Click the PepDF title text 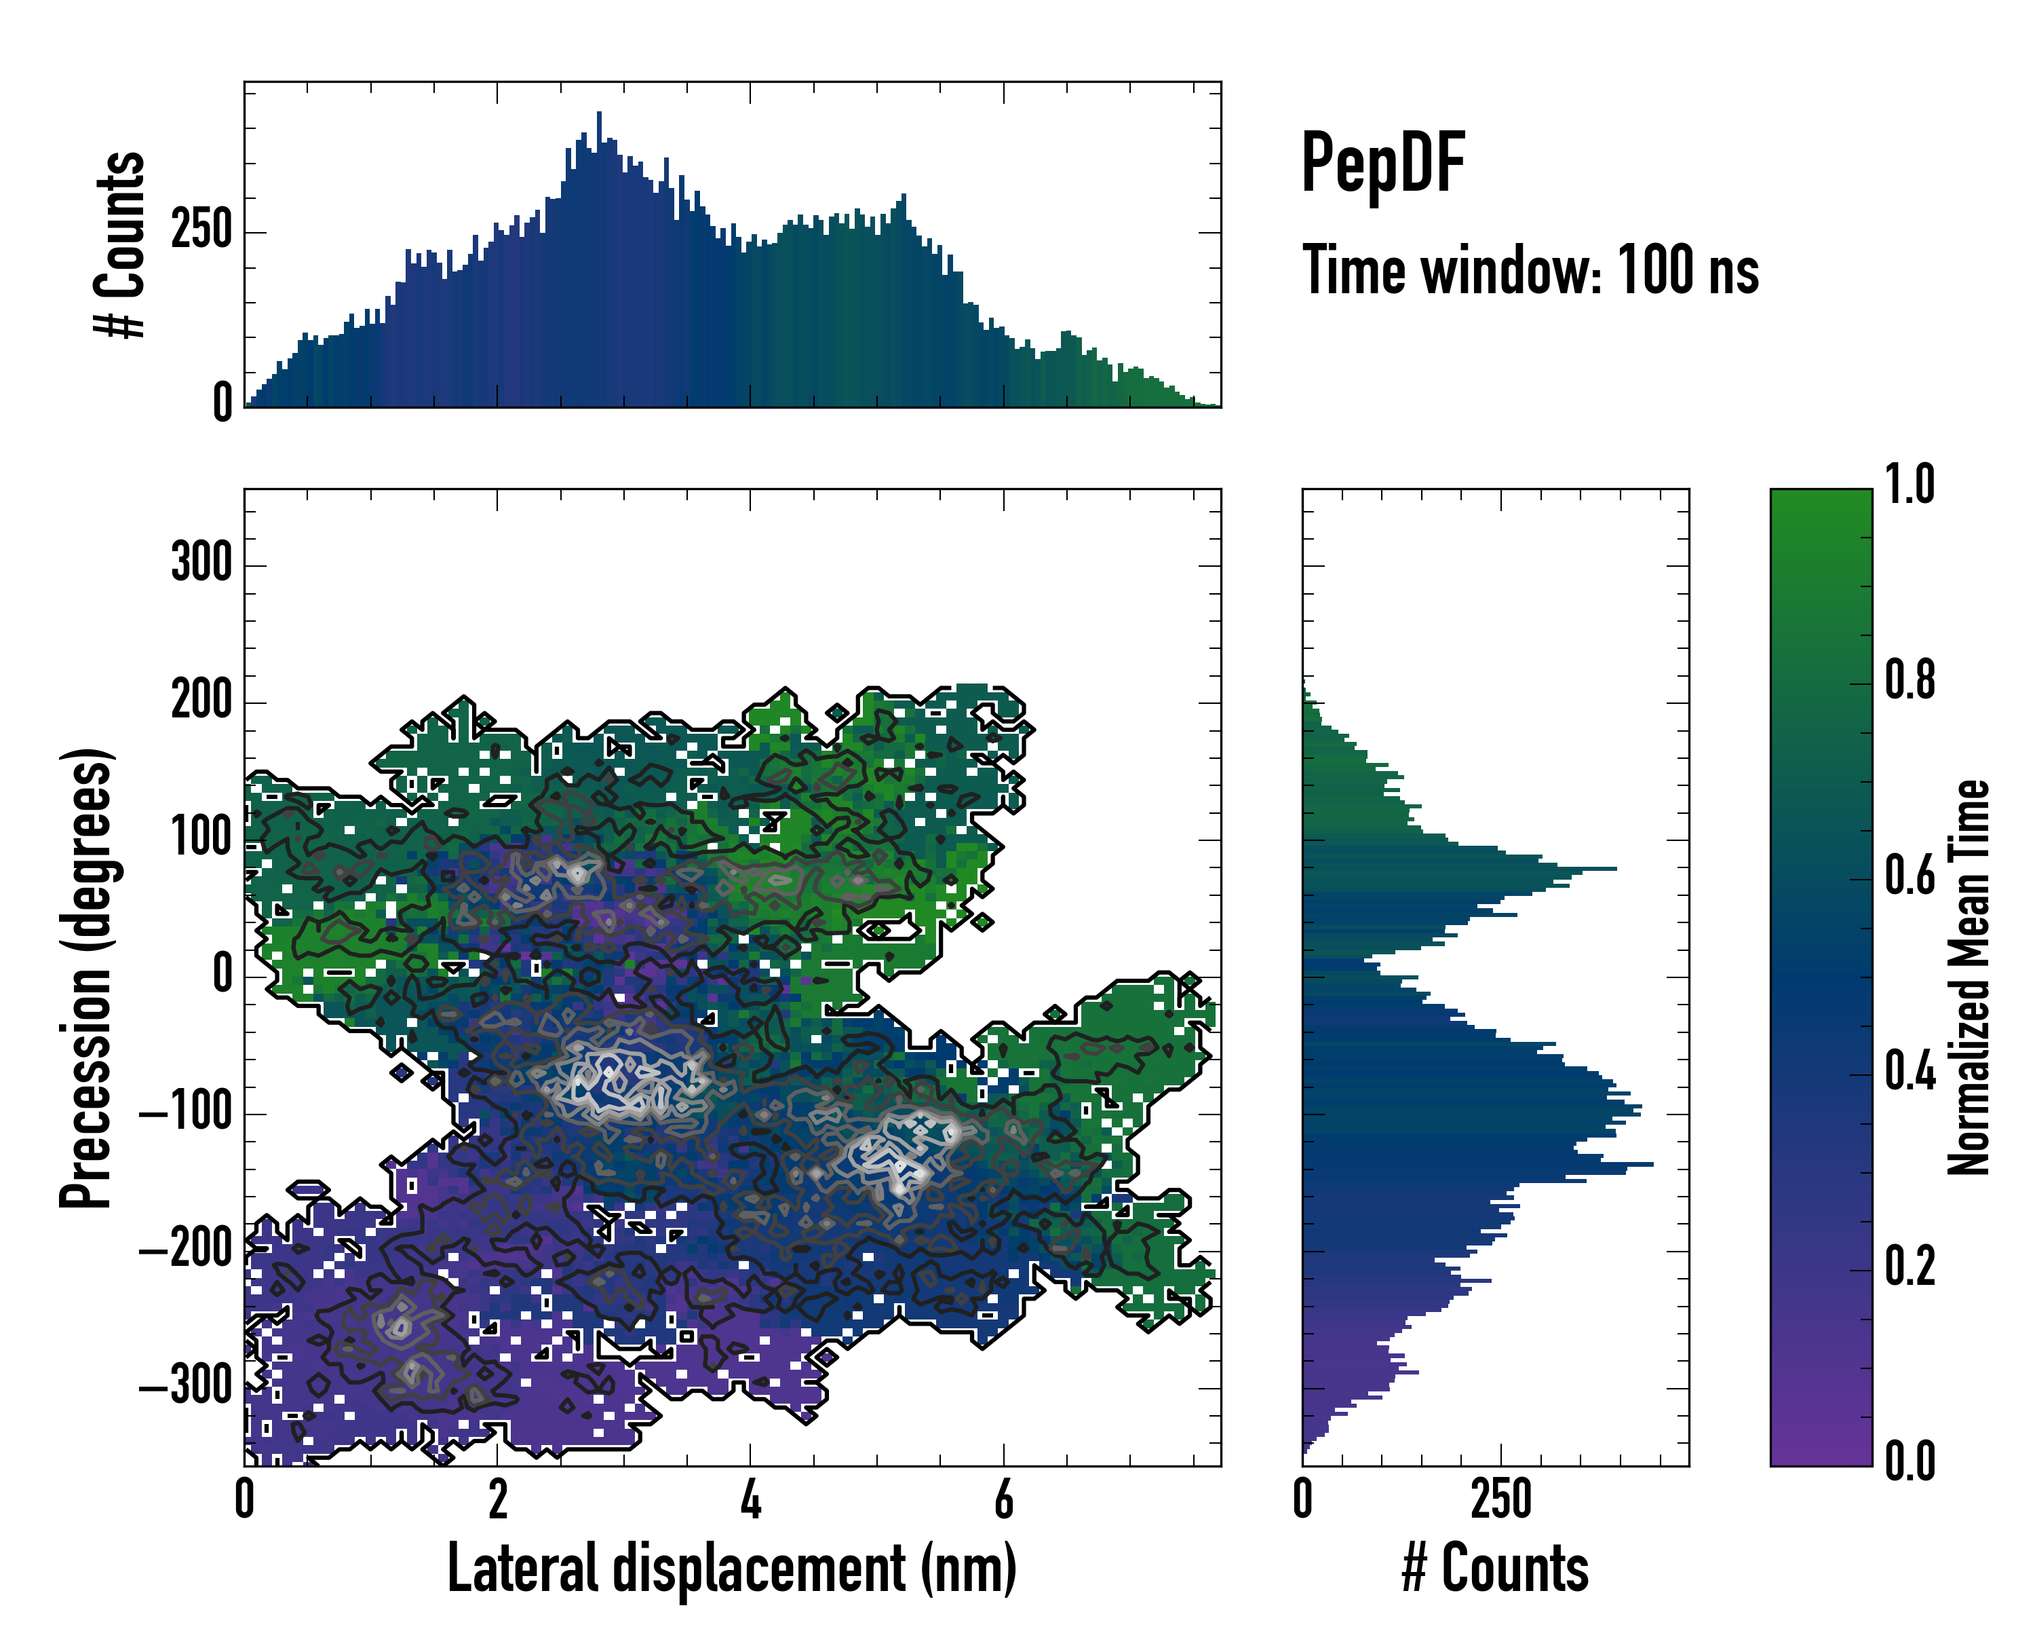click(x=1382, y=164)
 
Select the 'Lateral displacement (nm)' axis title click(x=731, y=1569)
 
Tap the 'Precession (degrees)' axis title click(x=87, y=977)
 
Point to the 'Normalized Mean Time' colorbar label click(x=1968, y=977)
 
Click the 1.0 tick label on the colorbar click(x=1910, y=485)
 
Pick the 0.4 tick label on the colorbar click(x=1910, y=1072)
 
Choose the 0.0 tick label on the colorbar click(x=1910, y=1461)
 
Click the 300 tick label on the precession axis click(x=201, y=564)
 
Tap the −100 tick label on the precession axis click(x=186, y=1112)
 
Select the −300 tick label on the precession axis click(x=186, y=1386)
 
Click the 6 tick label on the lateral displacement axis click(x=1003, y=1499)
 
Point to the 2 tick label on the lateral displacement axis click(x=497, y=1499)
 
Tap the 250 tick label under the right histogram click(x=1500, y=1499)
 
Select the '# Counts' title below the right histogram click(x=1495, y=1569)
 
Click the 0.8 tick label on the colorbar click(x=1910, y=680)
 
